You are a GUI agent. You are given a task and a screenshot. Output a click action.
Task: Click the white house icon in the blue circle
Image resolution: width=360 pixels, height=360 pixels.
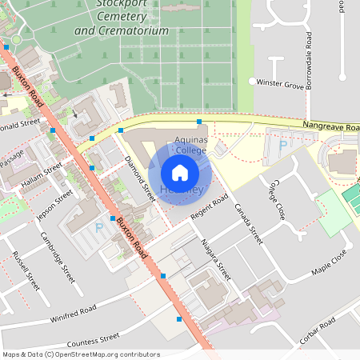(x=180, y=172)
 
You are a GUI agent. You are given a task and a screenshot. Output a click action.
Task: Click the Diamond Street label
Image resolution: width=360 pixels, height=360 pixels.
(x=139, y=178)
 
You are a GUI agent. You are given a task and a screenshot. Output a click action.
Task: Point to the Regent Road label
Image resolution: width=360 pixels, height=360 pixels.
(x=210, y=207)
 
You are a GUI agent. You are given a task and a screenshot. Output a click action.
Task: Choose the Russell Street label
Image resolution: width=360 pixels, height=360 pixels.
(x=26, y=270)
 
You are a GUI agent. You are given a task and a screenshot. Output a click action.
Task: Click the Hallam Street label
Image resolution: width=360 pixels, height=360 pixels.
(x=42, y=177)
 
